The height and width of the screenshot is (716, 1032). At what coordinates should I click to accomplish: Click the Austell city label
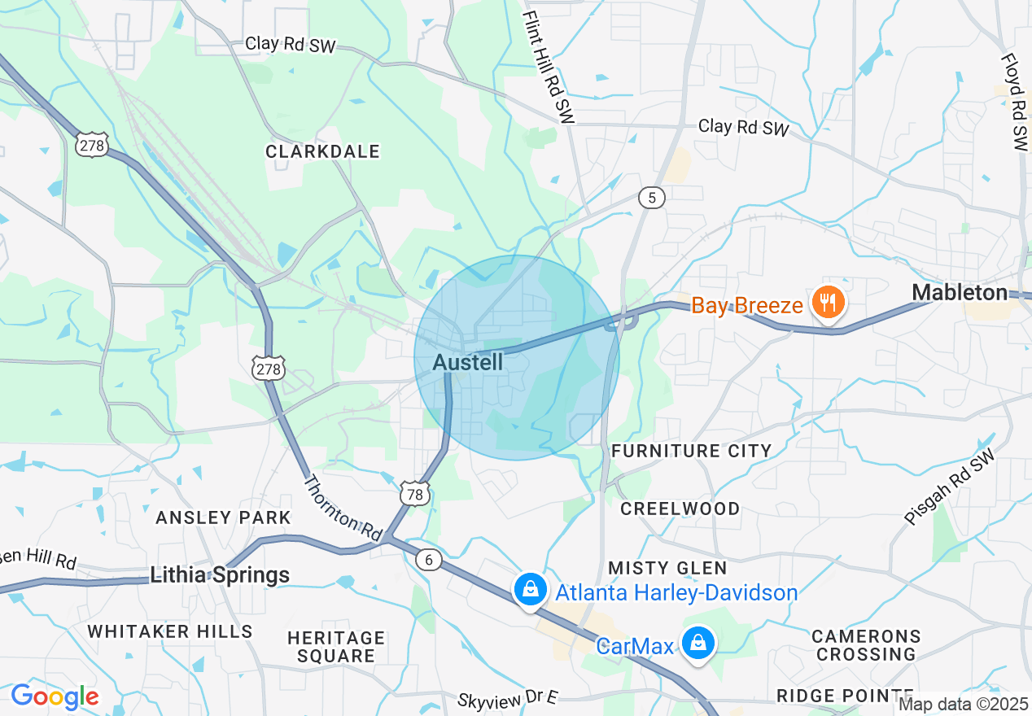point(468,362)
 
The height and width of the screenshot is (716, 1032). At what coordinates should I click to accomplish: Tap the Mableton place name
point(959,293)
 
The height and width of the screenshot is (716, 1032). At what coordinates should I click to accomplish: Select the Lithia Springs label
point(220,575)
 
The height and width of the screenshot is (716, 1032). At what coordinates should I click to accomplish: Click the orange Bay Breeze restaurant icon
point(829,303)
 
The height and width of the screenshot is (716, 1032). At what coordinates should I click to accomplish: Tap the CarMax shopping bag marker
point(698,644)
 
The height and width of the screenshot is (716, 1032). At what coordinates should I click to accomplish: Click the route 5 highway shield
point(652,198)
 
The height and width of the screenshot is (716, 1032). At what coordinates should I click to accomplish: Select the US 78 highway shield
point(414,494)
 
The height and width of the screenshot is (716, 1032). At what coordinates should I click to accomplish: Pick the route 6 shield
point(428,559)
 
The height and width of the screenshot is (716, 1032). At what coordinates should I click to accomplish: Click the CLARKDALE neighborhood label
point(323,151)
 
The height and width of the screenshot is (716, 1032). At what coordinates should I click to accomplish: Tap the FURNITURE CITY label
point(691,451)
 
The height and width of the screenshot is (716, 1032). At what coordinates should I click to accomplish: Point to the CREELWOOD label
point(680,509)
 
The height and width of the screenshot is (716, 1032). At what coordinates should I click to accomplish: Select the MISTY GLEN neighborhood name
point(667,567)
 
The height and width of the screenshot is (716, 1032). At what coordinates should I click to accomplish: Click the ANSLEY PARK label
point(223,517)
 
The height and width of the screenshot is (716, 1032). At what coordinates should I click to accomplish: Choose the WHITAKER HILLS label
point(170,631)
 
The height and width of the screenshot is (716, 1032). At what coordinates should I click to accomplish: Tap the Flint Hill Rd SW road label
point(549,67)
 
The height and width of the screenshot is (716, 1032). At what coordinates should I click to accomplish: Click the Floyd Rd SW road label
point(1015,102)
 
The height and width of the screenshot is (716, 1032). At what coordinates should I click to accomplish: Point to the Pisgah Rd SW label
point(949,487)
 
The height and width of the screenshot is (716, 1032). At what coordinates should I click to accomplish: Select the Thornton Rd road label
point(342,509)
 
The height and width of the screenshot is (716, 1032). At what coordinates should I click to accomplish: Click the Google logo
point(55,696)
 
